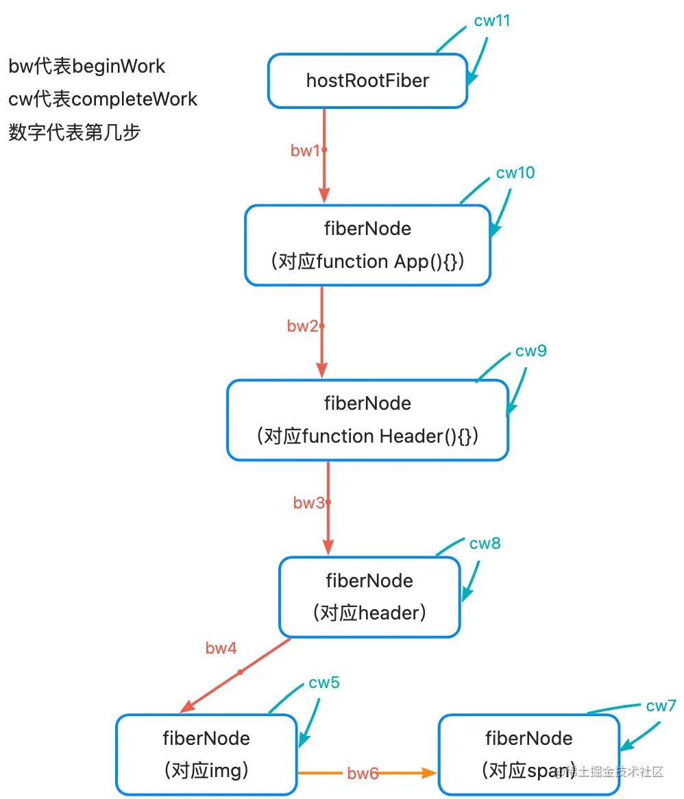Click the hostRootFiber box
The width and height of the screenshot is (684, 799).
pos(367,81)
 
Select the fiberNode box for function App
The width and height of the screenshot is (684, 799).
pos(367,245)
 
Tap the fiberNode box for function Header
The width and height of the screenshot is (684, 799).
pos(367,419)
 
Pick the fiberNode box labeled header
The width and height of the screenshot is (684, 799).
pos(369,597)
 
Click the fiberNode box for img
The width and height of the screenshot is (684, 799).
pos(206,754)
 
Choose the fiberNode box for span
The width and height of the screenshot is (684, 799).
pos(528,754)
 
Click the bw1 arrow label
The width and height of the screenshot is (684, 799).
pos(305,151)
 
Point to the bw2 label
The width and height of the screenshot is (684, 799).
pos(302,326)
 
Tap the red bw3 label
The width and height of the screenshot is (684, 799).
pos(308,503)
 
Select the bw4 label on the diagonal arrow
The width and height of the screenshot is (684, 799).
pos(221,648)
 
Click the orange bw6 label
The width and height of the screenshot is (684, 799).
pos(363,774)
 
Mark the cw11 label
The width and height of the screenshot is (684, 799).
pos(492,21)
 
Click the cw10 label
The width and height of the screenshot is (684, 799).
pos(515,173)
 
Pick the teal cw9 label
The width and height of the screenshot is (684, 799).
pos(531,352)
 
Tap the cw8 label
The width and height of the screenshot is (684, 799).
pos(485,543)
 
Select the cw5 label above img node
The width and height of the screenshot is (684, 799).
pos(324,683)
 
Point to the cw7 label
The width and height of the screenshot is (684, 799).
pos(661,706)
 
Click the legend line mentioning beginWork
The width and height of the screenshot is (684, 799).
pos(87,66)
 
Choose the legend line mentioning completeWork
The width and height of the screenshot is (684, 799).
pos(103,99)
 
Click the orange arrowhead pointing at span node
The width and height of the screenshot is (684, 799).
pos(430,773)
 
